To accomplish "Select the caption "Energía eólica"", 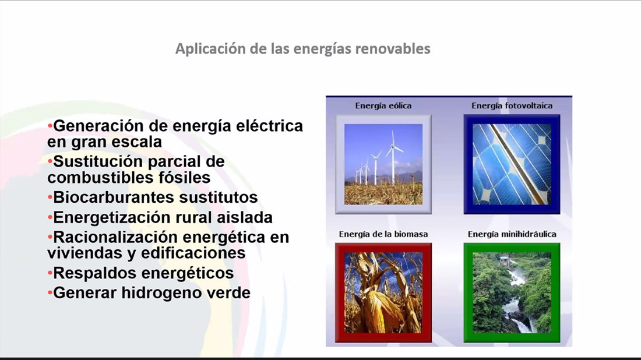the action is (x=383, y=106).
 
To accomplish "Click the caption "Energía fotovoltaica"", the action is (x=512, y=106).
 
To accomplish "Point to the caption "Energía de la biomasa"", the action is (x=383, y=234).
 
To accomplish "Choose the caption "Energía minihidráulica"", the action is (x=512, y=234).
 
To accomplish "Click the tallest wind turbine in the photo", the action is (x=393, y=157).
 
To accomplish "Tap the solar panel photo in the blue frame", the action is (x=512, y=164).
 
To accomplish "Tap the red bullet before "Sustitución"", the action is (x=50, y=161).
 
